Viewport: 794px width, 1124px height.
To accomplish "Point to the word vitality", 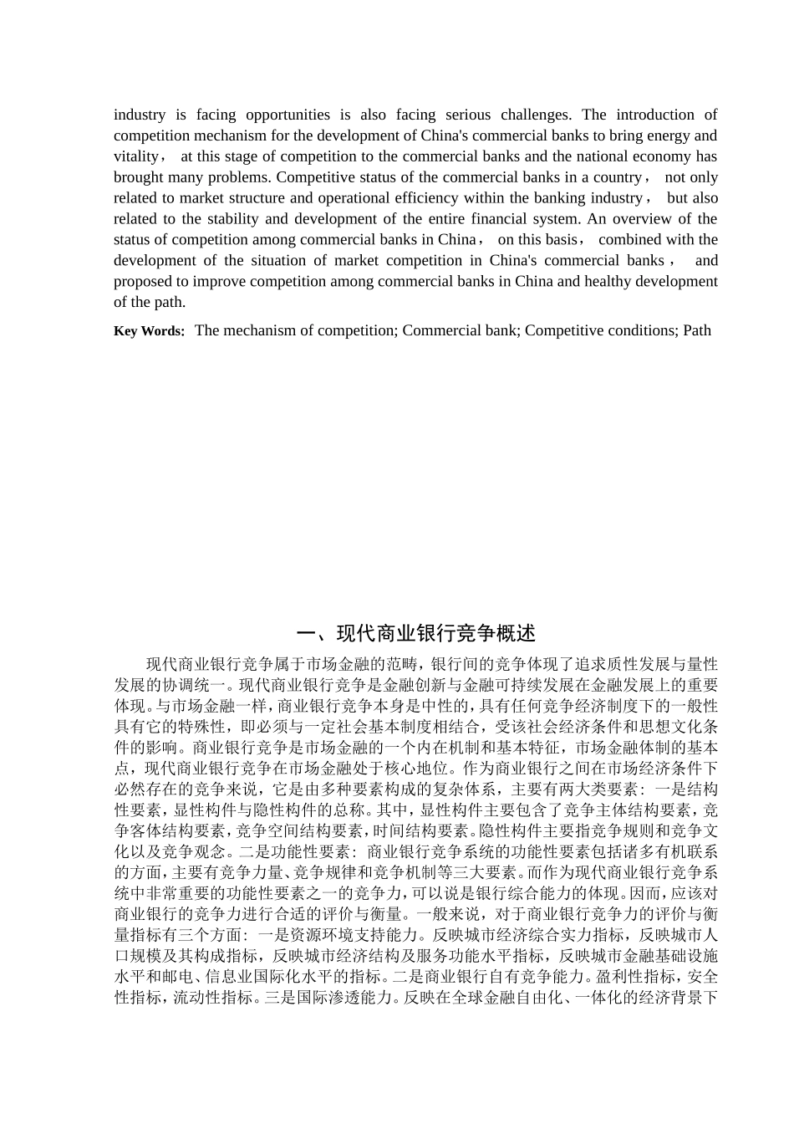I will coord(136,156).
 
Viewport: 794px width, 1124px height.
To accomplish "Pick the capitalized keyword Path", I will coord(697,330).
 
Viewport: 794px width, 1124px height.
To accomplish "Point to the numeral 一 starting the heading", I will coord(307,633).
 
